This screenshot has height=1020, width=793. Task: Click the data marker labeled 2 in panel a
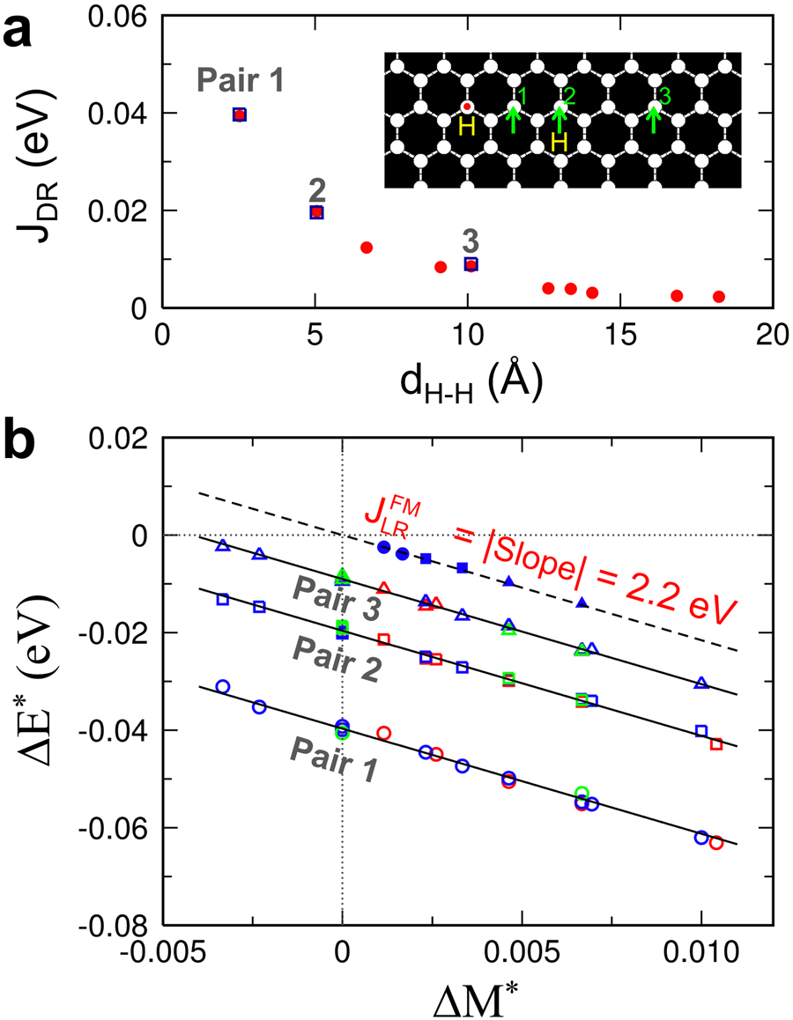(317, 212)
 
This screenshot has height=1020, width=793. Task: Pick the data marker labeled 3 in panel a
(471, 264)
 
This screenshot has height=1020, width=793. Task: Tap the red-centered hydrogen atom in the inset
(467, 107)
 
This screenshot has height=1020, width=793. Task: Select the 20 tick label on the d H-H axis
(772, 337)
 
